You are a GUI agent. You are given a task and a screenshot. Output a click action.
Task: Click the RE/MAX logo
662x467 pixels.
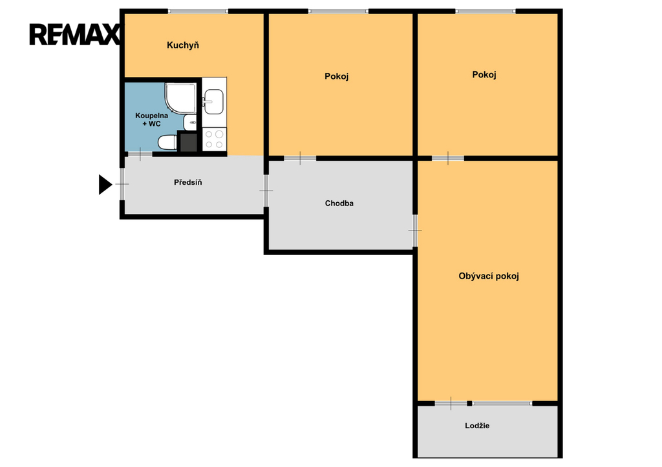click(x=75, y=35)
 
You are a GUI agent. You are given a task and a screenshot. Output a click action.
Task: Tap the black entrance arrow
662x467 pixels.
click(x=105, y=184)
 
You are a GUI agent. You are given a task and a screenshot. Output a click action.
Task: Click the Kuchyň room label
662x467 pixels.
click(x=183, y=45)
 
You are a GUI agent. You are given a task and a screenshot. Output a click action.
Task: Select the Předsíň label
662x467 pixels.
click(x=188, y=182)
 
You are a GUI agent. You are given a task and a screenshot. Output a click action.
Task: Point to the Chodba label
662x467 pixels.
click(x=339, y=203)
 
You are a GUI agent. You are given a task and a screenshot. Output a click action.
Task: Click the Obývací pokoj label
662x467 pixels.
click(x=489, y=276)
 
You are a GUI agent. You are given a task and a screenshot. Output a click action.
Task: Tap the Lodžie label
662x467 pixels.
click(x=477, y=426)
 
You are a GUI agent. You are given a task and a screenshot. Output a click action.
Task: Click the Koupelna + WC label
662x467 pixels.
click(x=151, y=119)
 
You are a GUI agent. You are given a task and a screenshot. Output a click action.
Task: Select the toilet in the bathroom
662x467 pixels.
click(x=167, y=142)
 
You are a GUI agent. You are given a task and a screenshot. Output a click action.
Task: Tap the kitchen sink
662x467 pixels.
click(x=213, y=101)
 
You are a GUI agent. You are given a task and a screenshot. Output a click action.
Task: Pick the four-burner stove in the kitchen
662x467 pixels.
click(x=214, y=140)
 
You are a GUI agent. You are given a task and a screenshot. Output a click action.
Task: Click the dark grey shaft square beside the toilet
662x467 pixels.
click(x=188, y=141)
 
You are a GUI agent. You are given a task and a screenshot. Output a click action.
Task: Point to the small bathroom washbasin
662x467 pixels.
click(x=190, y=122)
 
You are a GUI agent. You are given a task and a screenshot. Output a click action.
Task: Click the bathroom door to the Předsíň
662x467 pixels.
click(x=140, y=154)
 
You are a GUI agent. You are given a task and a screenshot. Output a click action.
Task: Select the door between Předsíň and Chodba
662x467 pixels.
click(x=266, y=191)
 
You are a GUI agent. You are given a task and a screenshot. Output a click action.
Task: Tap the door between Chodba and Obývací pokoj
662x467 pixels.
click(x=415, y=231)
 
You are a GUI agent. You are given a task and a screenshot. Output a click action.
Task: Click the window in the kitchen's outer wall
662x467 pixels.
click(x=198, y=12)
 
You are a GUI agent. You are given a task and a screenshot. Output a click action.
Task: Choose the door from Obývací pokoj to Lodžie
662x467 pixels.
click(x=451, y=403)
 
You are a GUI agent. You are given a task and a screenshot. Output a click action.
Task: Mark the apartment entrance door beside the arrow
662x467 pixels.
click(x=122, y=184)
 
